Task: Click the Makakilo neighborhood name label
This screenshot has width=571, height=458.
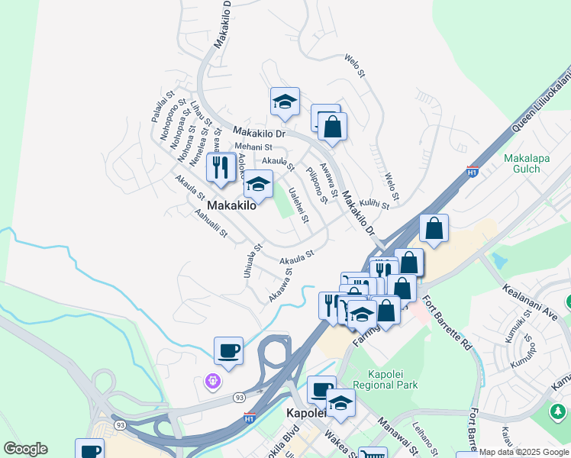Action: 231,206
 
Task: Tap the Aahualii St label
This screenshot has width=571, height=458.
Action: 211,225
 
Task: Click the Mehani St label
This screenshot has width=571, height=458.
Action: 253,147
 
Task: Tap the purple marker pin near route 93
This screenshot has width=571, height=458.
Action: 213,379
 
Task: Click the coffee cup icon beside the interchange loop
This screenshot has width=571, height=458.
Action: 228,351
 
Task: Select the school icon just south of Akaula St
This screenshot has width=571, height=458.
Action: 258,185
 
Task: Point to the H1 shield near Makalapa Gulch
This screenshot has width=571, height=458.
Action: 473,173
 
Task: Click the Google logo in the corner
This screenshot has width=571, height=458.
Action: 25,449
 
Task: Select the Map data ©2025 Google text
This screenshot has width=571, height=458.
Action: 524,452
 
